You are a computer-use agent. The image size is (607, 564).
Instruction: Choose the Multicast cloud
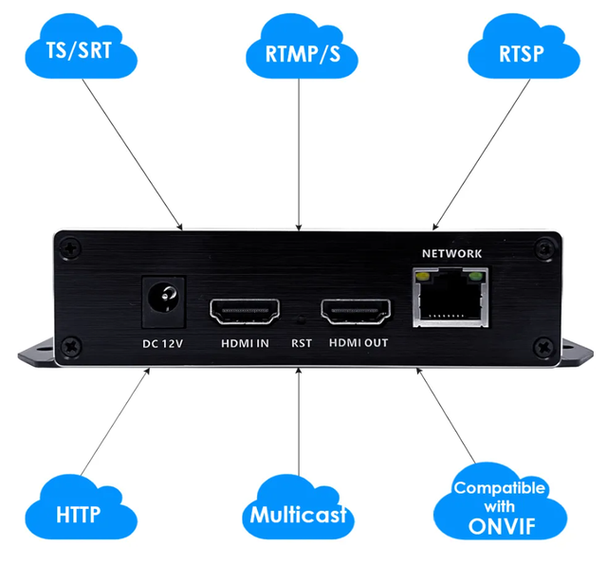pos(298,515)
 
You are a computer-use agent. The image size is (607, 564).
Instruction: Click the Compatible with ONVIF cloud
pos(499,506)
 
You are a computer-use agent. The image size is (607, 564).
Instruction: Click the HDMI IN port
pos(243,310)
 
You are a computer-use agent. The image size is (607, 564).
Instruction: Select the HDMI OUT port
pos(356,310)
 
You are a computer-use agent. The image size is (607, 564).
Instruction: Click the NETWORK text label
pos(451,253)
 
